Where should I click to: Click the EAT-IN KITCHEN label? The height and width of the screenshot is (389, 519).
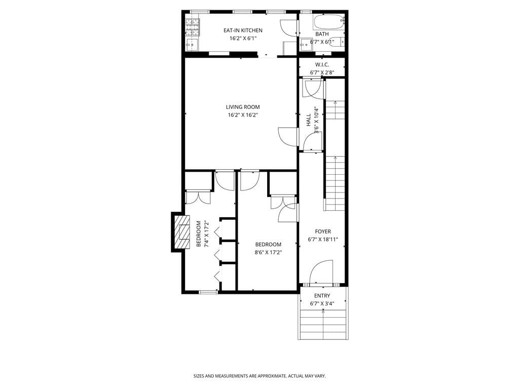point(243,30)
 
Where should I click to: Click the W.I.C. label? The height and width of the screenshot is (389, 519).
point(322,65)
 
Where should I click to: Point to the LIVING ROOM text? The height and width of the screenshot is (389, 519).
point(243,107)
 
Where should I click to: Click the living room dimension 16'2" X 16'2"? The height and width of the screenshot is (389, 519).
point(243,115)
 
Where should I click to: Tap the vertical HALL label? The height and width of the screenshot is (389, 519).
point(309,120)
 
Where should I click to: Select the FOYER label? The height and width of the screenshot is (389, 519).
point(323,231)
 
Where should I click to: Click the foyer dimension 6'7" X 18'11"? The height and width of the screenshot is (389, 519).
point(323,240)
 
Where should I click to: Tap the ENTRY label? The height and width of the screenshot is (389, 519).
point(322,296)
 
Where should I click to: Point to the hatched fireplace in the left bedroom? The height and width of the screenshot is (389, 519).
point(179,231)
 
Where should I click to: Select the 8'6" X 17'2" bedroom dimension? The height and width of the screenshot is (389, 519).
point(268,252)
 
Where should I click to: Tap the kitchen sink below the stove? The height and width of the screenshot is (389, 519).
point(192,44)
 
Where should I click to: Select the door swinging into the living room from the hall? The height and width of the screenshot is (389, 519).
point(287,137)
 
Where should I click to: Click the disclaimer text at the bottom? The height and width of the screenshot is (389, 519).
point(259,376)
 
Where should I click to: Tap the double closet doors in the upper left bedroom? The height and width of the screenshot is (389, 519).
point(198,197)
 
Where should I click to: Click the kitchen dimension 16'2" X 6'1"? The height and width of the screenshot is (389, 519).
point(243,38)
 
